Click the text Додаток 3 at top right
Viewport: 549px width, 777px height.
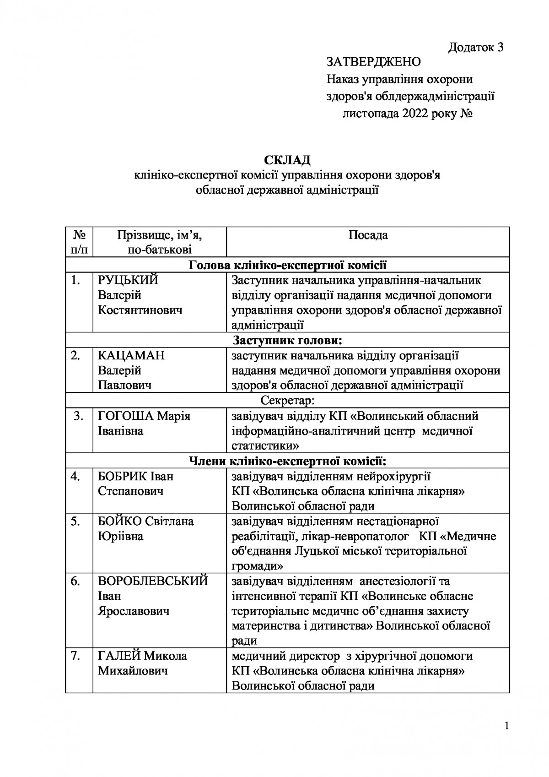[476, 48]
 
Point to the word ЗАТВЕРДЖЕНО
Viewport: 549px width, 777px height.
[373, 62]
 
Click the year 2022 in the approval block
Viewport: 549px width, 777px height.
[415, 114]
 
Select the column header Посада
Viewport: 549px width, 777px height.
[368, 235]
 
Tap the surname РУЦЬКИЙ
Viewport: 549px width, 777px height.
[128, 280]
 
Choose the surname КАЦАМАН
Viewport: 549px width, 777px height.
[131, 355]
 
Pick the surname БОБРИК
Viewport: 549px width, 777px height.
[122, 476]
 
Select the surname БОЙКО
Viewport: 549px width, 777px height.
[120, 521]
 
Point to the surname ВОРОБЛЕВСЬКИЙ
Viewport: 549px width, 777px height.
[153, 581]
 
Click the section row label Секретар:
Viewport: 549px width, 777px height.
[287, 401]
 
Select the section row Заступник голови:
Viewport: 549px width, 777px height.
[287, 340]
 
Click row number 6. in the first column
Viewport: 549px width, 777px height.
[76, 581]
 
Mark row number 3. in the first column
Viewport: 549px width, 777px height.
[79, 416]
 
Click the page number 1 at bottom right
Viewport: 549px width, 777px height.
[506, 726]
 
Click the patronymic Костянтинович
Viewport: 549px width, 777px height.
[140, 310]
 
